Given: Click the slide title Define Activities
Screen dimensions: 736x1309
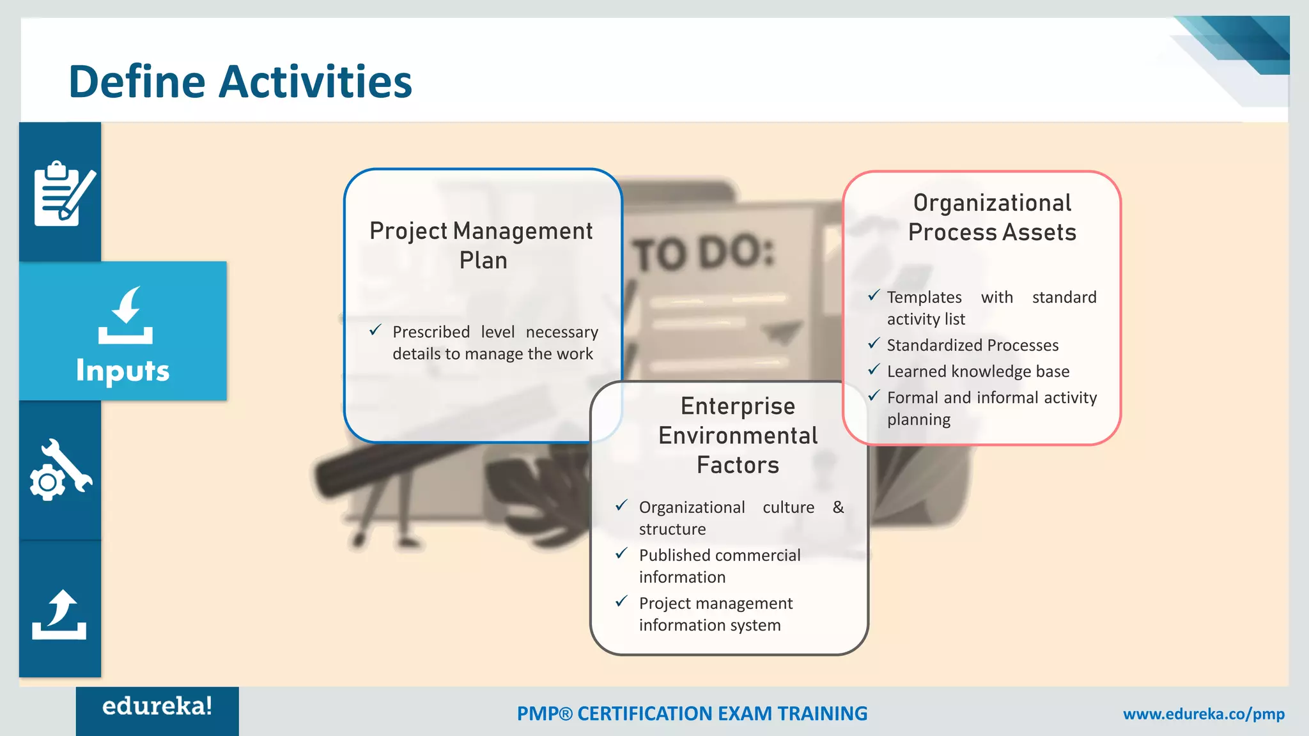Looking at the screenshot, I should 240,82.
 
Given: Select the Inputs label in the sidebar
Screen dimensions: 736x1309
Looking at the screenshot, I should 123,371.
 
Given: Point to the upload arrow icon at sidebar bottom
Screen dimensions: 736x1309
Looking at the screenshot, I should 59,615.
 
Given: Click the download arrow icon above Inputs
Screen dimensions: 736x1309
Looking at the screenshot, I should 126,315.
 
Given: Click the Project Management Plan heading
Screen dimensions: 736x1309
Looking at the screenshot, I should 482,245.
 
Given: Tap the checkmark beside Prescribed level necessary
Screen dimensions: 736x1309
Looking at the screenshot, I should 376,330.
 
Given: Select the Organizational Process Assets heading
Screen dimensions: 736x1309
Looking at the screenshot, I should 992,217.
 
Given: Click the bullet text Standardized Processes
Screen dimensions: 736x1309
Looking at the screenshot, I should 972,345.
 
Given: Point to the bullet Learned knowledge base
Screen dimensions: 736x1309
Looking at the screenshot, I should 978,371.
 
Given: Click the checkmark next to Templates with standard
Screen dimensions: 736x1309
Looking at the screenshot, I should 874,296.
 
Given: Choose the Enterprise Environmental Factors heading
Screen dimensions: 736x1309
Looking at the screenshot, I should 738,435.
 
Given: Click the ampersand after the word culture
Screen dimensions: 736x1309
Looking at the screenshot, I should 838,507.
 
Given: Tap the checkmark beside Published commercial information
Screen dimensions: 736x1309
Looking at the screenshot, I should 621,554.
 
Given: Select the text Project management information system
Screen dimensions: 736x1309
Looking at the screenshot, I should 715,614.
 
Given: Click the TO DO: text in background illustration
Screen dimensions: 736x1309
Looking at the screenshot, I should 703,254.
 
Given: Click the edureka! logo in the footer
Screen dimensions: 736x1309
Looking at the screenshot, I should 157,707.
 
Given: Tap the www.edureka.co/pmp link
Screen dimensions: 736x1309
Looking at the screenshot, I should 1204,714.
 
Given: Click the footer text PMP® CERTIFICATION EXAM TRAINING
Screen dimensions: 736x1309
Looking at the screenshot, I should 692,714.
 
